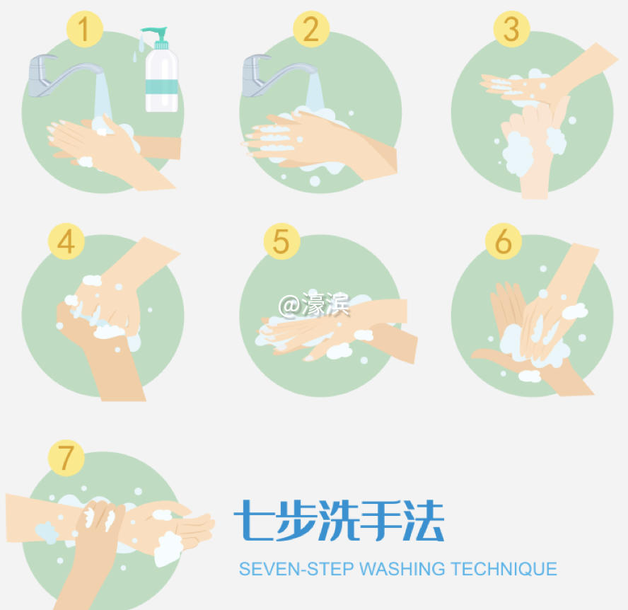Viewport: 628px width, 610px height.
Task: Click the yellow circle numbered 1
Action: coord(85,30)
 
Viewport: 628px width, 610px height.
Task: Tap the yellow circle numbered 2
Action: coord(311,30)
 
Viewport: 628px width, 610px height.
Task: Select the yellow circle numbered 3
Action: coord(511,30)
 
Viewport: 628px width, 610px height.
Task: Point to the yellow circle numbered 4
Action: coord(66,241)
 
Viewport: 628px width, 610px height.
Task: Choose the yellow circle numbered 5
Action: coord(281,241)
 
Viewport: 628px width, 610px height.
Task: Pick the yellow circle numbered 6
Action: coord(503,241)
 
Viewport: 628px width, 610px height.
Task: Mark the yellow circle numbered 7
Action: coord(66,457)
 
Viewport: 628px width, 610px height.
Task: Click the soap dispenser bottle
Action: coord(161,78)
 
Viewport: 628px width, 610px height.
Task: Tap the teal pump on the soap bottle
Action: coord(153,34)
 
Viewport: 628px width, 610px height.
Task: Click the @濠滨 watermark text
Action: coord(314,305)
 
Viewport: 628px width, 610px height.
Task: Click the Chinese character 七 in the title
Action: coord(252,521)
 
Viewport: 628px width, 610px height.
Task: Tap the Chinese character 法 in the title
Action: coord(424,521)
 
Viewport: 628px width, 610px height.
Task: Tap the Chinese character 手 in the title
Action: coord(381,521)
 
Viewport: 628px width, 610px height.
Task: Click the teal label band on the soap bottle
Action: coord(161,88)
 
